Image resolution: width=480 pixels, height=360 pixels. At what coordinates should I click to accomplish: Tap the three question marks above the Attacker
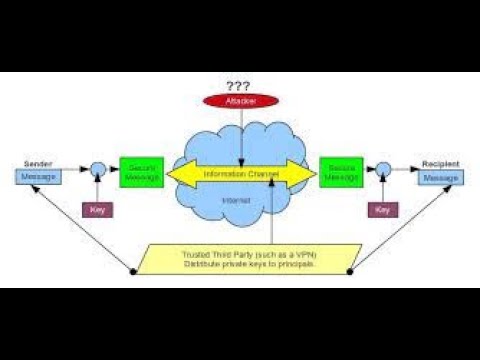point(238,85)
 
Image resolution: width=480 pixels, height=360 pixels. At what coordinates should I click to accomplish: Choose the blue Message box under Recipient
point(439,177)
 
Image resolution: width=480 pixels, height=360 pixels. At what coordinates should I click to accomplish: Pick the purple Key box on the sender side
point(98,209)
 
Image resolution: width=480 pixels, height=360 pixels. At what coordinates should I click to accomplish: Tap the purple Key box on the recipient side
point(381,209)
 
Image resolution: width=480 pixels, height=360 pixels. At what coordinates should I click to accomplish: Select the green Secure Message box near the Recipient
point(340,172)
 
